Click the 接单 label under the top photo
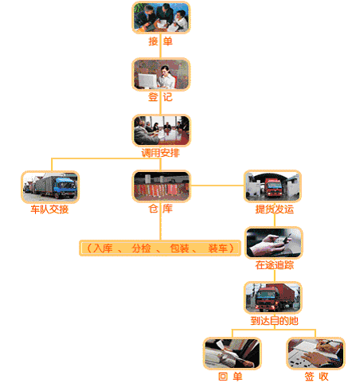pos(160,41)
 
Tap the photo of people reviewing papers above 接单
pos(161,18)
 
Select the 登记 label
pos(160,97)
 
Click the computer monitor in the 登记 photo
pos(147,80)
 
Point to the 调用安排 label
pos(160,153)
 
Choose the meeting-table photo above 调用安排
pos(161,131)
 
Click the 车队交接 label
pos(49,209)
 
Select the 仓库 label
pos(160,209)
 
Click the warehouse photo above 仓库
pos(161,186)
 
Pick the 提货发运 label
pos(275,209)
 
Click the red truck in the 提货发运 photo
pos(273,187)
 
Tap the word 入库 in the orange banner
pos(103,248)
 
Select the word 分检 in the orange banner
pos(141,248)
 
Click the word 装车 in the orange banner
pos(217,248)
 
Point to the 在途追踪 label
pos(275,265)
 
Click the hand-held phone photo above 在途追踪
pos(274,243)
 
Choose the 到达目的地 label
pos(275,321)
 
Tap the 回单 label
pos(230,377)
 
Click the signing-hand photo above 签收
pos(315,354)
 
